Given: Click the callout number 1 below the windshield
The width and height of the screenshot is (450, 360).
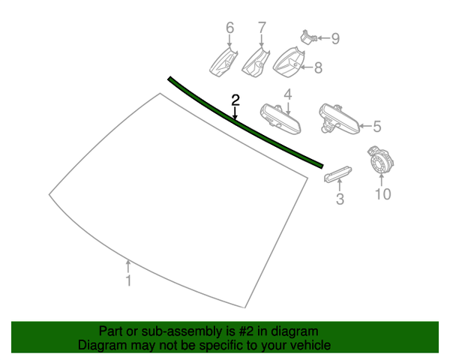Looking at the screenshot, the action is (128, 280).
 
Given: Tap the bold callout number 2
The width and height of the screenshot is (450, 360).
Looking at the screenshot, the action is (235, 100).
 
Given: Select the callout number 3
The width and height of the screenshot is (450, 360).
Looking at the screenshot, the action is (340, 199).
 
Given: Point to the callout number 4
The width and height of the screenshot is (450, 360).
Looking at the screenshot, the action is (288, 94).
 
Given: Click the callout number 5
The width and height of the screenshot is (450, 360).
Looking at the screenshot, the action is (377, 127).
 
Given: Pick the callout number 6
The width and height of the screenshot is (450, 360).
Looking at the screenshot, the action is (230, 28).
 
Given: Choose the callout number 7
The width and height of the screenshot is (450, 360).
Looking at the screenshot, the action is (262, 28).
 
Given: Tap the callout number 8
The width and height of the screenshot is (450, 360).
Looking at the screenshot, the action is (318, 68).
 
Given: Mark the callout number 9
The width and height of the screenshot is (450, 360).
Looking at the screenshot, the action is (335, 39).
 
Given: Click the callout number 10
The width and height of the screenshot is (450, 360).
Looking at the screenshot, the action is (383, 194).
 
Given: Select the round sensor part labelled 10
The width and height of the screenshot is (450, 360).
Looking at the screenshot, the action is (380, 161).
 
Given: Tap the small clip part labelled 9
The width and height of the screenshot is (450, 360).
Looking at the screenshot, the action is (308, 37).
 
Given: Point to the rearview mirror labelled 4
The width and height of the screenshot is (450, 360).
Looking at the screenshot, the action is (280, 118).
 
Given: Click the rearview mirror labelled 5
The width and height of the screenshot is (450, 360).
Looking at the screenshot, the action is (339, 118).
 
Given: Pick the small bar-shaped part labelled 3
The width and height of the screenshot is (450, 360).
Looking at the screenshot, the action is (337, 174).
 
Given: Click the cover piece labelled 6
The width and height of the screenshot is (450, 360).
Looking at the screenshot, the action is (223, 62).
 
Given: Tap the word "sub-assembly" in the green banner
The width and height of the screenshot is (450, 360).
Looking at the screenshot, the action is (182, 331).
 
